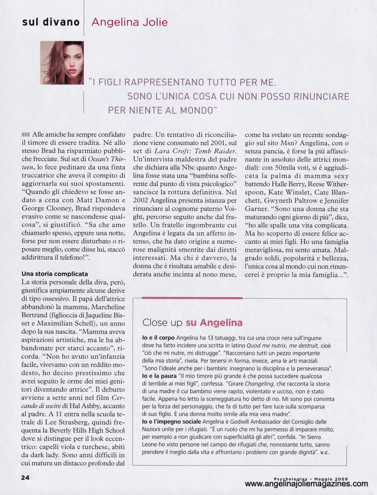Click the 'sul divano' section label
point(51,22)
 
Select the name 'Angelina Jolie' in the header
point(130,22)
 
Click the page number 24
point(26,477)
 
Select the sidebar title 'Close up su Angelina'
point(192,322)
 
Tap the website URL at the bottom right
point(306,484)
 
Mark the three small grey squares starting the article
point(26,134)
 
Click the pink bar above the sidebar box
point(192,297)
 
